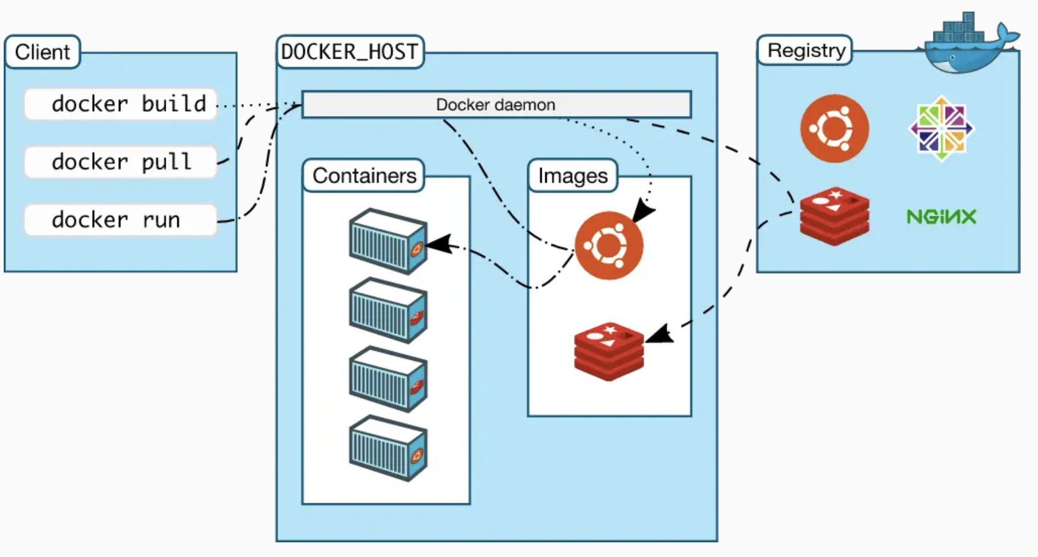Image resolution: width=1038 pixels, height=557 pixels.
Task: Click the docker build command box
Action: [120, 104]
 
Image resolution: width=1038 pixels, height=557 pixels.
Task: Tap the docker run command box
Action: [120, 220]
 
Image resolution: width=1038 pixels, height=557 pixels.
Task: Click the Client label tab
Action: [42, 52]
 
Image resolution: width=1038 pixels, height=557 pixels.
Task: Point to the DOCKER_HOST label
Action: [350, 52]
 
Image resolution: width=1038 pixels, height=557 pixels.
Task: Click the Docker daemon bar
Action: [496, 105]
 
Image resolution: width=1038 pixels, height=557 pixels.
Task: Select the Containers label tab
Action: [364, 176]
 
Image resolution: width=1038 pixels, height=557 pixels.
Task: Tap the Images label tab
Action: [573, 176]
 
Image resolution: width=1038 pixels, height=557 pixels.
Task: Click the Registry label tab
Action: [805, 50]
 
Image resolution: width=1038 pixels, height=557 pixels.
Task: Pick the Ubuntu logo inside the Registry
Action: [834, 128]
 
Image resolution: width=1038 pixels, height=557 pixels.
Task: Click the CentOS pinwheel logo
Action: [941, 128]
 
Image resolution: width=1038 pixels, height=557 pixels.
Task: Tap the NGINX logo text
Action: [941, 217]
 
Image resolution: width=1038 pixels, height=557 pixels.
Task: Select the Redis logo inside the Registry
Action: [834, 216]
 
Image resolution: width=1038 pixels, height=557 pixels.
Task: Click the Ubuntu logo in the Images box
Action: [609, 246]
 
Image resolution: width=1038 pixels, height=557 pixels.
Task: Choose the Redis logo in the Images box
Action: [609, 351]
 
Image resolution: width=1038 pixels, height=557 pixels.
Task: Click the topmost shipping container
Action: [388, 241]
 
